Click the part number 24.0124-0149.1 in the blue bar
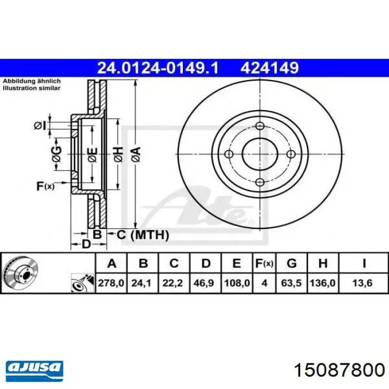pyautogui.click(x=158, y=68)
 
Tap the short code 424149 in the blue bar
pyautogui.click(x=270, y=68)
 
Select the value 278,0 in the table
pyautogui.click(x=111, y=283)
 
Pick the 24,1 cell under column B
pyautogui.click(x=141, y=283)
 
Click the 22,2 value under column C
pyautogui.click(x=172, y=283)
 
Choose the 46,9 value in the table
pyautogui.click(x=204, y=283)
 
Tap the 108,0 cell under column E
pyautogui.click(x=237, y=283)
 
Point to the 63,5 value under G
pyautogui.click(x=291, y=283)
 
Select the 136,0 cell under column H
pyautogui.click(x=322, y=283)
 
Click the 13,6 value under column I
pyautogui.click(x=362, y=283)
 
